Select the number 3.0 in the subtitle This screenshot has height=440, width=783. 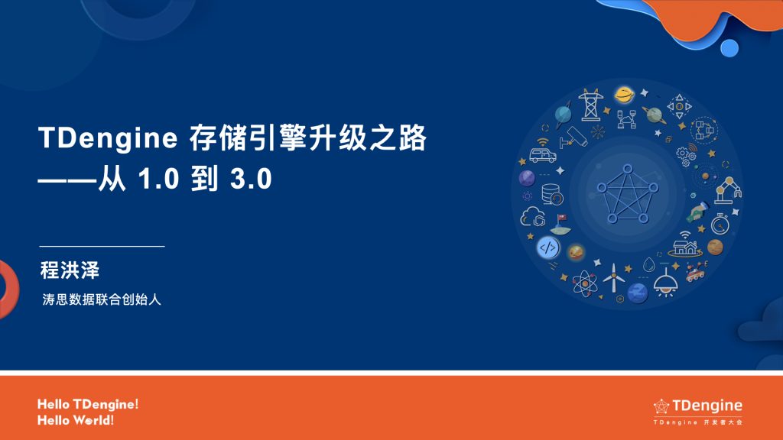(251, 180)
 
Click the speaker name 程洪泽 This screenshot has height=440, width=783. (70, 270)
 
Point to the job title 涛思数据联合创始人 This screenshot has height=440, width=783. (102, 300)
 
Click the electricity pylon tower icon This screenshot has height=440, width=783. (590, 105)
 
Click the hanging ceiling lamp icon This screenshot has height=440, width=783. (667, 282)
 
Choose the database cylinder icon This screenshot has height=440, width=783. (551, 194)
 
